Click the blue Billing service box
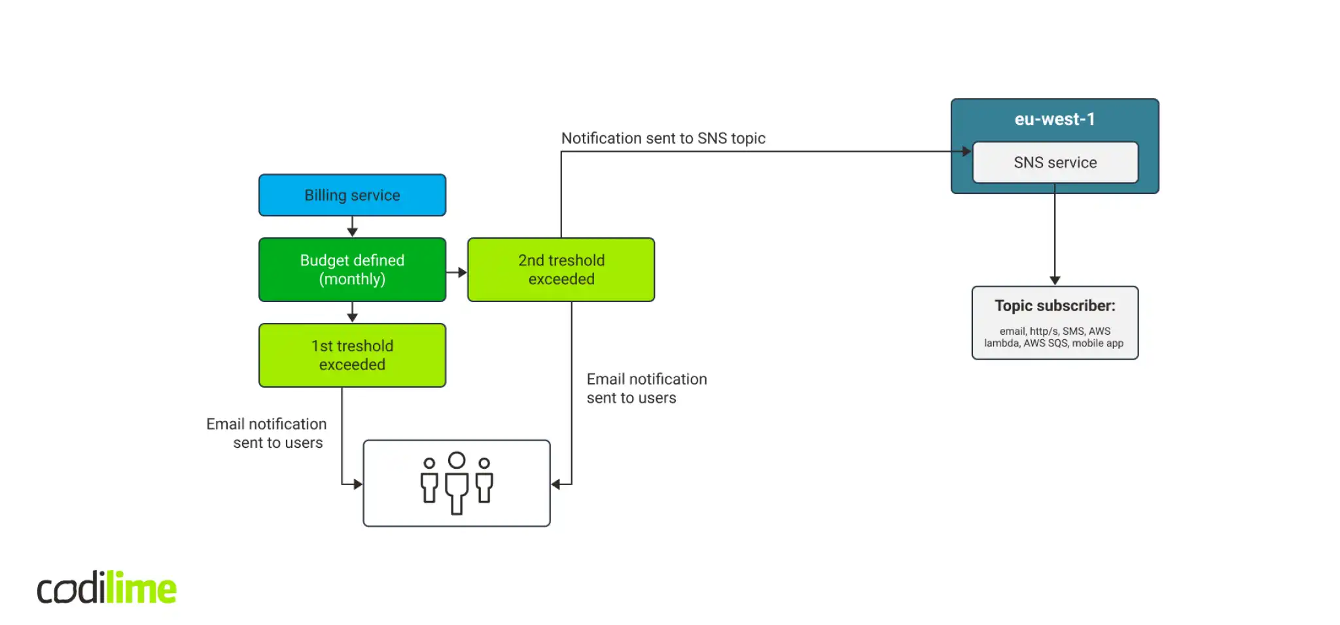tap(352, 195)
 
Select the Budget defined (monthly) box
tap(352, 269)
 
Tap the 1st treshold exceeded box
tap(352, 355)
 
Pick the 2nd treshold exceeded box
tap(561, 269)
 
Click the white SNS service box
tap(1055, 162)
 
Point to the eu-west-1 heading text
tap(1054, 119)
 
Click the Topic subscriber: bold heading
tap(1055, 305)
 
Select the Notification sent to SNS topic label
tap(663, 138)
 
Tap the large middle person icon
tap(457, 482)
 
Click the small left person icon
tap(429, 481)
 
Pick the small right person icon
tap(484, 481)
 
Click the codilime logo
tap(107, 588)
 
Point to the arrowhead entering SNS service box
tap(967, 152)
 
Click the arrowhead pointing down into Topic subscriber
tap(1055, 280)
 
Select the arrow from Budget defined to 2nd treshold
tap(457, 272)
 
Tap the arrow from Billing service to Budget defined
tap(352, 227)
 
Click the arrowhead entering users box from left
tap(358, 484)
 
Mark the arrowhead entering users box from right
tap(556, 484)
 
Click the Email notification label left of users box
tap(266, 433)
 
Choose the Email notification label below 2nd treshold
tap(646, 388)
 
